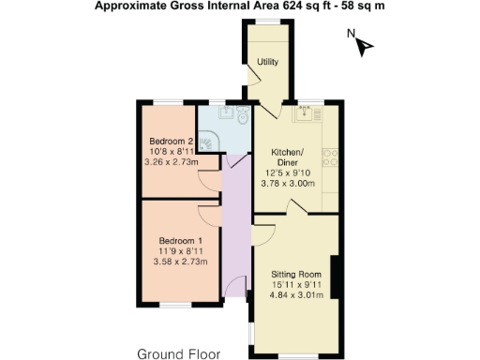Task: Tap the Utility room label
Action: (x=268, y=62)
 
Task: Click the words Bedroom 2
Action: (x=167, y=142)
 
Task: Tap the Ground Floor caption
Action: (x=178, y=353)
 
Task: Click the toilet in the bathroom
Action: (x=242, y=116)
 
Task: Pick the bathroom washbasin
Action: (x=225, y=112)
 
